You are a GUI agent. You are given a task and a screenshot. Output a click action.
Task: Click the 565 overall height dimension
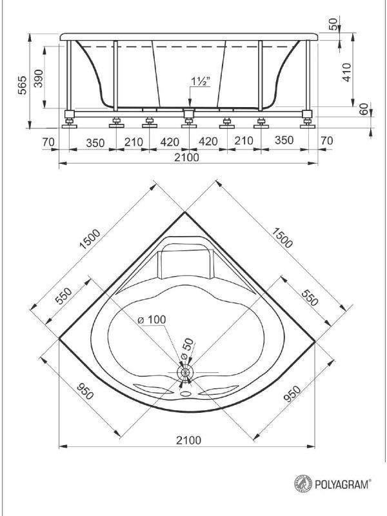tap(23, 85)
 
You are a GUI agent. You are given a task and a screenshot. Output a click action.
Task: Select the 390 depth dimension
tap(39, 78)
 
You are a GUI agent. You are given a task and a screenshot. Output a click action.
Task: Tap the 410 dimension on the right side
tap(347, 72)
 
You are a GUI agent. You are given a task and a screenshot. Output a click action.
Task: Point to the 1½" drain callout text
tap(201, 81)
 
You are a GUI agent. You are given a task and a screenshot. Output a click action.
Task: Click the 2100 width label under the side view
tap(186, 157)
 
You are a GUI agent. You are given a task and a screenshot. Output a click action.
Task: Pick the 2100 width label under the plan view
tap(188, 440)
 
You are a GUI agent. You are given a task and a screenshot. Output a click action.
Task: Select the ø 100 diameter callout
tap(152, 319)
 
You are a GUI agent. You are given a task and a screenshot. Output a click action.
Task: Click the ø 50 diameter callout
tap(188, 349)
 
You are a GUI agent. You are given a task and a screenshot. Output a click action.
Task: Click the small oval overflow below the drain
tap(186, 393)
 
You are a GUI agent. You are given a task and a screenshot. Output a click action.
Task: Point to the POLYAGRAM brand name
tap(342, 484)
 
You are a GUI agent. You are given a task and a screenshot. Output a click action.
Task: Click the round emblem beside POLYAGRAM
tap(303, 484)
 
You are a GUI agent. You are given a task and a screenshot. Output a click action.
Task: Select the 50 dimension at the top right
tap(333, 24)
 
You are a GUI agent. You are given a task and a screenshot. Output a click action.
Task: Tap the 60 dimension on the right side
tap(363, 109)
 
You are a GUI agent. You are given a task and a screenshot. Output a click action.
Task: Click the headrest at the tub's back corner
tap(185, 263)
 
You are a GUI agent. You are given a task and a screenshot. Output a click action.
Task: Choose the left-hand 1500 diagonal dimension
tap(90, 239)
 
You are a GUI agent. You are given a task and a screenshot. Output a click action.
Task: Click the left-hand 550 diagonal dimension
tap(63, 296)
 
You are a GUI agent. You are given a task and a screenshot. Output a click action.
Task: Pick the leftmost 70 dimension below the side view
tap(48, 142)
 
